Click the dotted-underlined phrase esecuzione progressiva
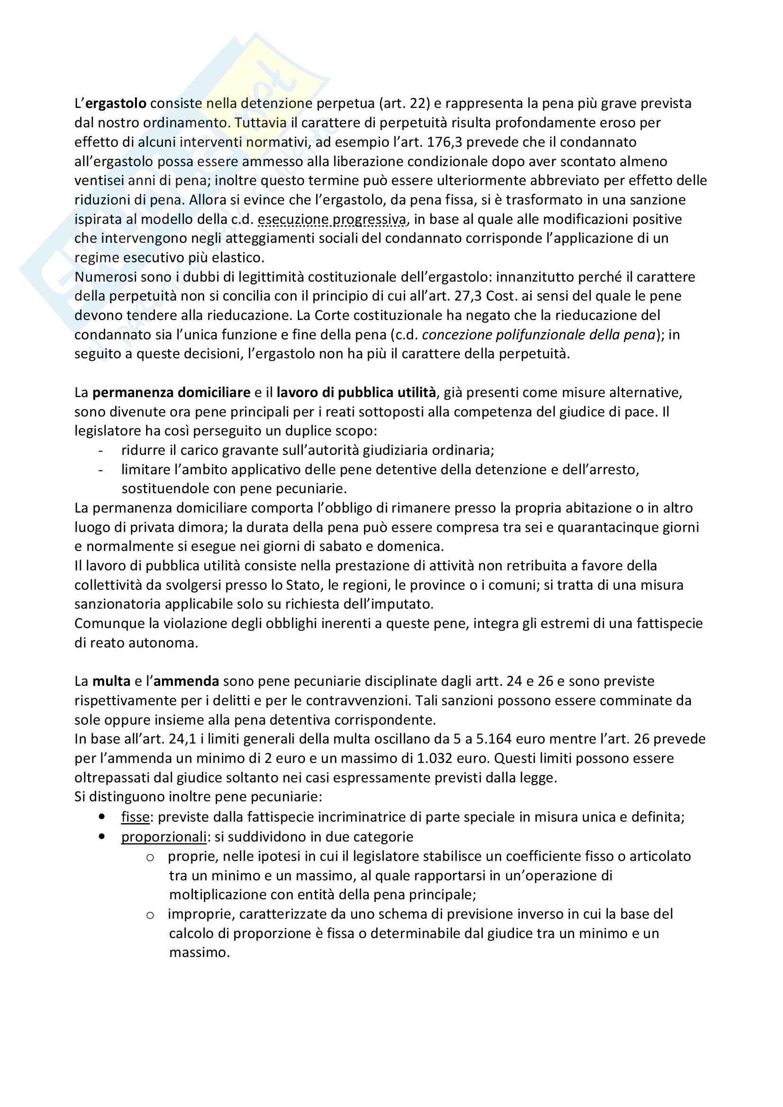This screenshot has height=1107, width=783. pyautogui.click(x=333, y=220)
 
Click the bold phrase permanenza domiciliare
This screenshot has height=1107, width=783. pyautogui.click(x=171, y=392)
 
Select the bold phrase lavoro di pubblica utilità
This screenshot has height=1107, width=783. pyautogui.click(x=356, y=392)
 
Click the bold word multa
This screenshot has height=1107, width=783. pyautogui.click(x=111, y=681)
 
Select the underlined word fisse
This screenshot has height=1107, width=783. pyautogui.click(x=135, y=817)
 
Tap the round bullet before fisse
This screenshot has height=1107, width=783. pyautogui.click(x=101, y=817)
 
